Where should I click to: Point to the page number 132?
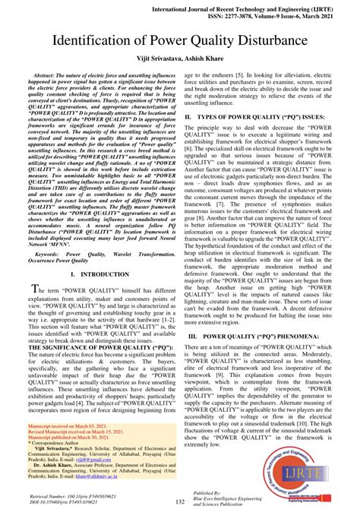point(181,501)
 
